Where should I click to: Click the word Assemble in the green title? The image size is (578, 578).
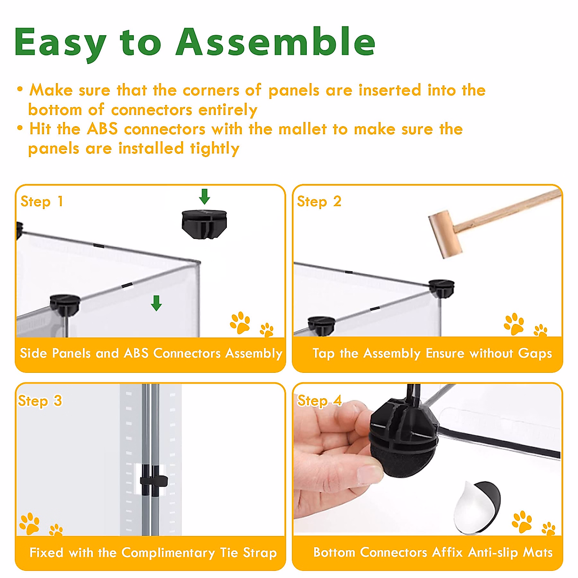[x=276, y=42]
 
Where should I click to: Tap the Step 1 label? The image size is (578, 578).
[x=42, y=201]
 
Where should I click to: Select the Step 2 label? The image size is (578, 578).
[x=319, y=201]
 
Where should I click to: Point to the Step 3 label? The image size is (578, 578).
[x=40, y=401]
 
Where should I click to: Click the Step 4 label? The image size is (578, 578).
[x=319, y=401]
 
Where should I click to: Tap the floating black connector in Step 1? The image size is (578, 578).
[x=204, y=224]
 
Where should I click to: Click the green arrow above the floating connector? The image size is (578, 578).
[x=204, y=197]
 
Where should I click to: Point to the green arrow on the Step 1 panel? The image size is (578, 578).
[x=156, y=303]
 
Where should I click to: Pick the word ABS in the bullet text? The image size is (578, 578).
[x=102, y=129]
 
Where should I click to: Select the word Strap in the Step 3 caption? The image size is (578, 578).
[x=260, y=553]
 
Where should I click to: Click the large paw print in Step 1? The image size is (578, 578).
[x=240, y=322]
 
